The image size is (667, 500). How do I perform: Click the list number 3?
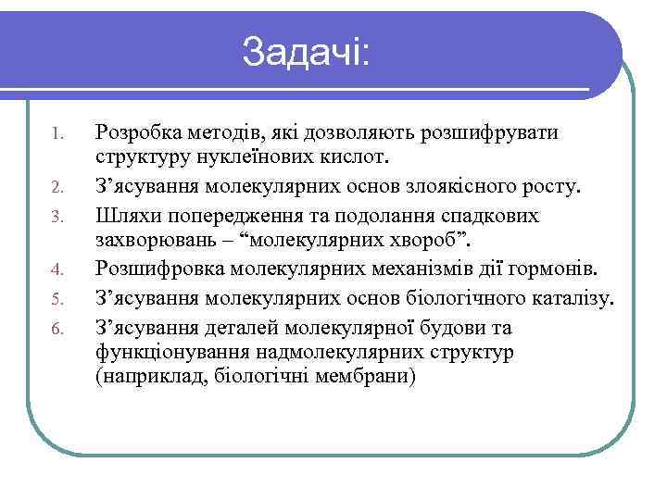coord(57,217)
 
